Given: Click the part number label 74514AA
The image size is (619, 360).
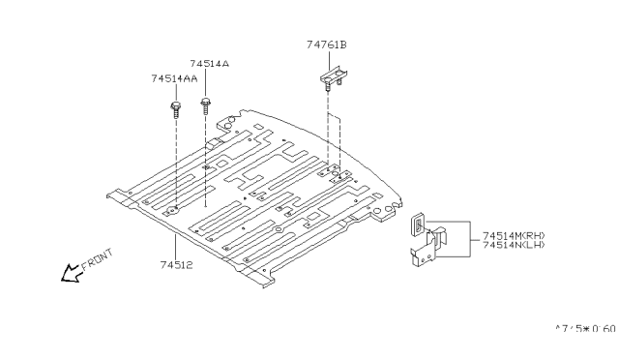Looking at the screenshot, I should pos(174,78).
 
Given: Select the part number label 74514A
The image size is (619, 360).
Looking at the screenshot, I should pos(209,63).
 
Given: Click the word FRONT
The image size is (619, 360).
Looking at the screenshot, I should pos(97,260).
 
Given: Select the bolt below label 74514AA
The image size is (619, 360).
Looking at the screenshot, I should pos(176,109).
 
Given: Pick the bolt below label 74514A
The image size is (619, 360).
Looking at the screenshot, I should pos(205,105).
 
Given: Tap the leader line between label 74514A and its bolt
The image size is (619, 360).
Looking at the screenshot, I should pos(205,82).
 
